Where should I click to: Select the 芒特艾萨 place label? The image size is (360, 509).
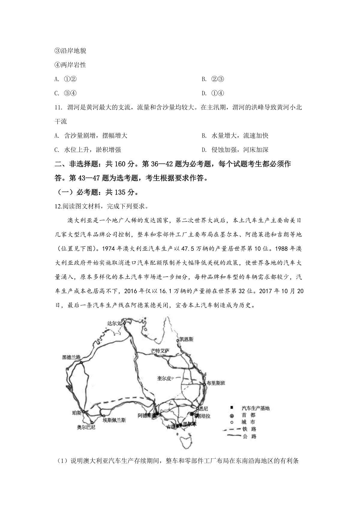coord(160,350)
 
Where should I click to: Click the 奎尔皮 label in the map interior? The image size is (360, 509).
coord(164,378)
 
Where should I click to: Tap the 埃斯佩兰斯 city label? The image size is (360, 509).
coord(114,420)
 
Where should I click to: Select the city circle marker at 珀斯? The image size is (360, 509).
coord(84,412)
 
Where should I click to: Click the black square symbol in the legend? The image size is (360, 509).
coord(231,408)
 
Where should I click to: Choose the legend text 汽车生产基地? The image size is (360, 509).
coord(256,408)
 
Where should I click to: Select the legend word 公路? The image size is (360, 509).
coord(250,436)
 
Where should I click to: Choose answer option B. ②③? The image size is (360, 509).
coord(213,79)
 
